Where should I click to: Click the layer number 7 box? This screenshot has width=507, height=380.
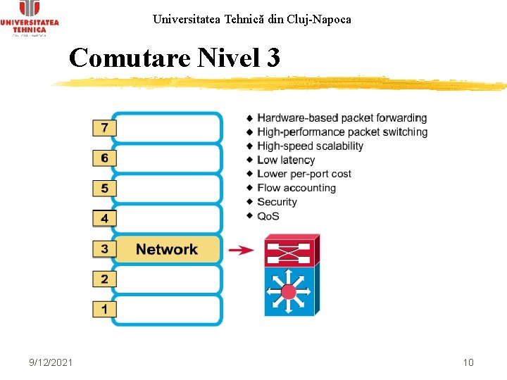pyautogui.click(x=104, y=128)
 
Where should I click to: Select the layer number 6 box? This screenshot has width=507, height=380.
pyautogui.click(x=104, y=158)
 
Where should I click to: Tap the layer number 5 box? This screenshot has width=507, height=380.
pyautogui.click(x=104, y=189)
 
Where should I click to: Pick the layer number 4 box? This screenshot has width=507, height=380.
pyautogui.click(x=104, y=219)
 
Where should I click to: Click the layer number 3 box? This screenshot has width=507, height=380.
pyautogui.click(x=104, y=249)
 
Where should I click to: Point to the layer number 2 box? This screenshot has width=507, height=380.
pyautogui.click(x=104, y=279)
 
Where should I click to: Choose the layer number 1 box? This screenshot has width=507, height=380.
pyautogui.click(x=104, y=309)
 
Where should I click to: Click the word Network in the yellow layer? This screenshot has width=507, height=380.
pyautogui.click(x=167, y=249)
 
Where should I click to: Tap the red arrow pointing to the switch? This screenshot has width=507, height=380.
pyautogui.click(x=242, y=250)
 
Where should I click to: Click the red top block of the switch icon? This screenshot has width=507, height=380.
pyautogui.click(x=289, y=251)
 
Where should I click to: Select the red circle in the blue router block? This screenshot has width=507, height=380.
pyautogui.click(x=288, y=291)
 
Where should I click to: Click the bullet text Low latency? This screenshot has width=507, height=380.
pyautogui.click(x=286, y=160)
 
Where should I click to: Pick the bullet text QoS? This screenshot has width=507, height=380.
pyautogui.click(x=268, y=216)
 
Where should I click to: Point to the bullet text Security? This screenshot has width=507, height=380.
pyautogui.click(x=277, y=202)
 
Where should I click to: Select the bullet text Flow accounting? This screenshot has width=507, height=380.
pyautogui.click(x=296, y=188)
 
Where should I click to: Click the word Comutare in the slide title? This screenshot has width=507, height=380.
pyautogui.click(x=130, y=58)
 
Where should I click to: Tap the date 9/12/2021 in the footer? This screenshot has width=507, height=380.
pyautogui.click(x=51, y=362)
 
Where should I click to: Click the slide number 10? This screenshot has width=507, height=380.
pyautogui.click(x=468, y=362)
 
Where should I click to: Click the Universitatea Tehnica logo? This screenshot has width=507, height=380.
pyautogui.click(x=30, y=18)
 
